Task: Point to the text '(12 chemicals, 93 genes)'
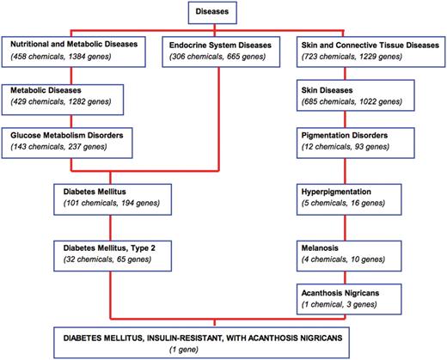[350, 149]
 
